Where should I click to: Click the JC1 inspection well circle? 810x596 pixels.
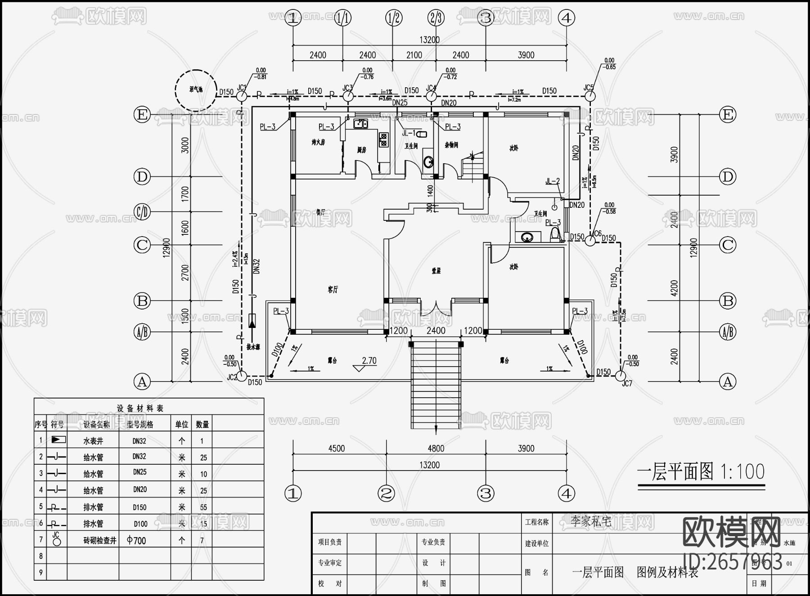click(x=241, y=96)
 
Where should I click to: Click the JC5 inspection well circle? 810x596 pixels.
click(x=590, y=96)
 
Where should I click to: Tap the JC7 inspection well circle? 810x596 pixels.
click(x=621, y=376)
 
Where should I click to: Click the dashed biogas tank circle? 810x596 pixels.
click(x=196, y=90)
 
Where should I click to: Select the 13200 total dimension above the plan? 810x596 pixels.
click(x=429, y=40)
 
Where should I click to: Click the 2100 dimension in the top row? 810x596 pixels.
click(x=414, y=55)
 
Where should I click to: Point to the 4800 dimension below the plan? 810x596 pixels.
click(x=436, y=448)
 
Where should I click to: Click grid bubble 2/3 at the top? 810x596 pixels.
click(x=436, y=18)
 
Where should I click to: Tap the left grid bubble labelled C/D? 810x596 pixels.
click(x=142, y=211)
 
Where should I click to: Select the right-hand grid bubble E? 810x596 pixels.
click(x=728, y=115)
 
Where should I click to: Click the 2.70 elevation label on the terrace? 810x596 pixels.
click(x=369, y=361)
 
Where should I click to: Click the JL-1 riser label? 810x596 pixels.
click(x=409, y=133)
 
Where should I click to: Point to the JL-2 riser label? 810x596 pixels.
click(x=552, y=181)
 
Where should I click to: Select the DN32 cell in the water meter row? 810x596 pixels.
click(x=139, y=441)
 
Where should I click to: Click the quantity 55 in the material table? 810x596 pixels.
click(x=203, y=507)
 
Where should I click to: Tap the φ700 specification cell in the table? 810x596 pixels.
click(x=137, y=540)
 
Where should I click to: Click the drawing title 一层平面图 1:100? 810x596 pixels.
click(x=701, y=472)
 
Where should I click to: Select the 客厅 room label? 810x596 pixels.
click(x=333, y=290)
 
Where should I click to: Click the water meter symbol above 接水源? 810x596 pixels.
click(x=252, y=320)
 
